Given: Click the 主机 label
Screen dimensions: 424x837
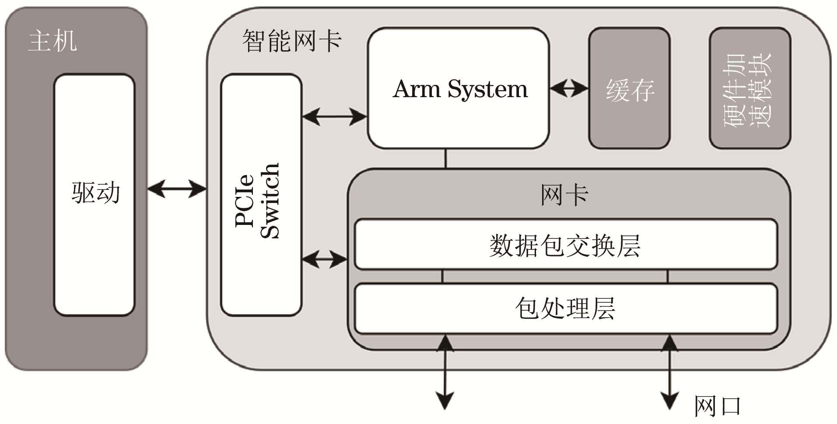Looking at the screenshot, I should pos(53,41).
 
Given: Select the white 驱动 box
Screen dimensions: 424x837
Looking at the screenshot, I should pos(94,195).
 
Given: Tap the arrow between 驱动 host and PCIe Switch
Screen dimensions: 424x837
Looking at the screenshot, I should pos(177,189).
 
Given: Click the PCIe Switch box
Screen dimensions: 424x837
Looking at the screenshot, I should pos(261,195).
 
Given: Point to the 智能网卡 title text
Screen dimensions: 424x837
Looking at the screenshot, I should pos(292,41).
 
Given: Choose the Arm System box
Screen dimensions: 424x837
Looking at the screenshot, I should pos(458,89).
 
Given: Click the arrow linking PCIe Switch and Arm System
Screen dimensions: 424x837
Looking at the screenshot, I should pos(334,117).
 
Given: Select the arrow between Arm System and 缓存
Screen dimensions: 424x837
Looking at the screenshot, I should pos(569,89).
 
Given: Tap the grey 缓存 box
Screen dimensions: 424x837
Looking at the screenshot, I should pos(629,89).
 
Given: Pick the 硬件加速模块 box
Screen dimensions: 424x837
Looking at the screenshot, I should pos(749,89).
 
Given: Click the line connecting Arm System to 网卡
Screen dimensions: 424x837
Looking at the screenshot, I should pos(445,158).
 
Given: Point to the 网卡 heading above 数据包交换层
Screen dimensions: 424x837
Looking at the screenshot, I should pos(564,195).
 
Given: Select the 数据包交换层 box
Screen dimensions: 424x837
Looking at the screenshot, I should pos(565,245).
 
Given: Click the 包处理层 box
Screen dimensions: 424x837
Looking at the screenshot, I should pos(565,308).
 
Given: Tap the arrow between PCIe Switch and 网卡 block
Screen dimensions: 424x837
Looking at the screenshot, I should pos(324,259).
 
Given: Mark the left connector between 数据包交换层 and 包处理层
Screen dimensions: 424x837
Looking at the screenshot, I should pos(442,277).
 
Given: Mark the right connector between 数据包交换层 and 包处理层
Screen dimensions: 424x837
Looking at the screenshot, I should pos(668,277).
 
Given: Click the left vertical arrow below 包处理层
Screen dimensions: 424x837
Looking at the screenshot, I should pos(445,372).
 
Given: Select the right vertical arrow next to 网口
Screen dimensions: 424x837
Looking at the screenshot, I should pos(669,372).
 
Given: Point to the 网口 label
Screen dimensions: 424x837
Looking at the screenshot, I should pos(718,406).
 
